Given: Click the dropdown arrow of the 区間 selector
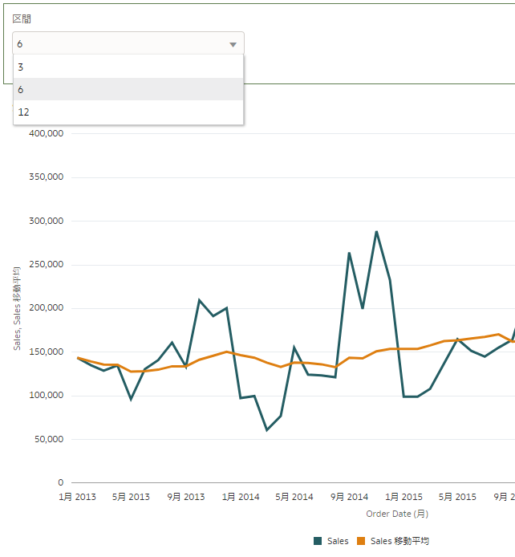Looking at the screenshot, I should coord(233,45).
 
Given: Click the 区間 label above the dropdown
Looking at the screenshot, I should coord(22,18).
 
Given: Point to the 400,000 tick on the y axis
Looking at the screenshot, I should coord(45,133).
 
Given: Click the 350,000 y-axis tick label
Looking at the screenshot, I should coord(45,177).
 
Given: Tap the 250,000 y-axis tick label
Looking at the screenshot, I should coord(45,265).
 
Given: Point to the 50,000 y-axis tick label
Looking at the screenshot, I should coord(47,439).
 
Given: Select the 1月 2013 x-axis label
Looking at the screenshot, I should coord(77,497).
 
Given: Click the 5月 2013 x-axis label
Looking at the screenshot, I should coord(130,497).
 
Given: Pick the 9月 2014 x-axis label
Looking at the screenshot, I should coord(348,497).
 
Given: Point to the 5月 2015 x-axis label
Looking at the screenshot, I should coord(457,497).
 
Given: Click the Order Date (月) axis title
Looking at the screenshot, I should coord(397,514).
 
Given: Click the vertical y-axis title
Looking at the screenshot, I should coord(17,308).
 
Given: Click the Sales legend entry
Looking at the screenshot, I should coord(331,542).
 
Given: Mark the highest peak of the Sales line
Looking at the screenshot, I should coord(376,231).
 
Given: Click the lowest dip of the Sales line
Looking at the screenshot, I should coord(267,430).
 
